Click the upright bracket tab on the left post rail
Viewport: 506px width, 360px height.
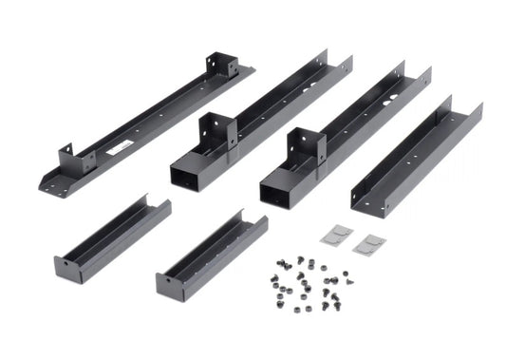(216, 131)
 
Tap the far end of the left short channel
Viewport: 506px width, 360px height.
(157, 204)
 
